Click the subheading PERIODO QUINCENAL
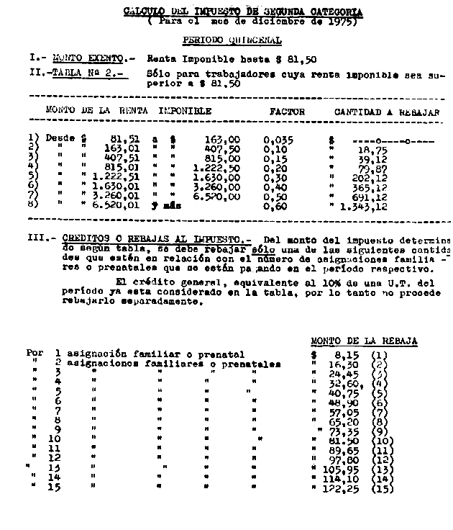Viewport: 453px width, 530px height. (x=232, y=41)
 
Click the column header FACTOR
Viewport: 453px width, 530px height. (x=287, y=112)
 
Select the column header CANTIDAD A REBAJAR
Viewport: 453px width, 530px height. (x=387, y=112)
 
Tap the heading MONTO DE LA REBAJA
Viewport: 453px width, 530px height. (x=364, y=341)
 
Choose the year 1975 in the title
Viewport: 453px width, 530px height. (x=341, y=22)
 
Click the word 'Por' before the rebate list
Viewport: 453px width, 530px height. (x=35, y=354)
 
